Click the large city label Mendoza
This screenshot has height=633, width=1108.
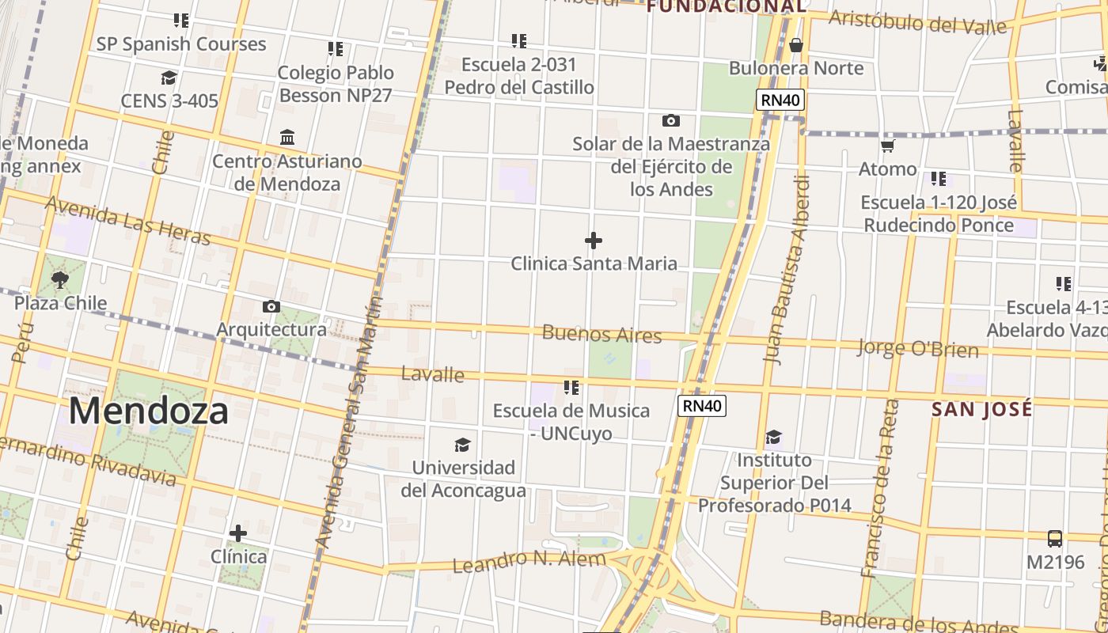pyautogui.click(x=148, y=411)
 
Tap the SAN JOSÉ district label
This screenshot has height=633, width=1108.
pyautogui.click(x=981, y=409)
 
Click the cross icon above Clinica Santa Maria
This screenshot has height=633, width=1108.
pyautogui.click(x=594, y=241)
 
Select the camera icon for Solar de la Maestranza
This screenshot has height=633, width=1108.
pyautogui.click(x=670, y=121)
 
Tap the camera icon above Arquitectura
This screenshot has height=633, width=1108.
pyautogui.click(x=271, y=306)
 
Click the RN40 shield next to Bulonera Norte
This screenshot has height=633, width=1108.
pyautogui.click(x=780, y=100)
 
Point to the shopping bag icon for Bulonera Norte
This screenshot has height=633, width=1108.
pyautogui.click(x=796, y=45)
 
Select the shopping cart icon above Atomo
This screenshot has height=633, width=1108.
pyautogui.click(x=887, y=146)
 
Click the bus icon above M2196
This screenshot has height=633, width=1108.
pyautogui.click(x=1054, y=539)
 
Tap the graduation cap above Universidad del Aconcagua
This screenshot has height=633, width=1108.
pyautogui.click(x=463, y=445)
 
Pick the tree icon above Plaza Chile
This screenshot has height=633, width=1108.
pyautogui.click(x=59, y=279)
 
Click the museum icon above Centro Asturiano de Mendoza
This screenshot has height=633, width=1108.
pyautogui.click(x=287, y=138)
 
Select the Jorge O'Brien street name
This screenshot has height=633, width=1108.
pyautogui.click(x=917, y=348)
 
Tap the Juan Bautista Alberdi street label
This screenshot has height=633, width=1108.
pyautogui.click(x=787, y=269)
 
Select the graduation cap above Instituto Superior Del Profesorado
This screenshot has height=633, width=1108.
pyautogui.click(x=773, y=438)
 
